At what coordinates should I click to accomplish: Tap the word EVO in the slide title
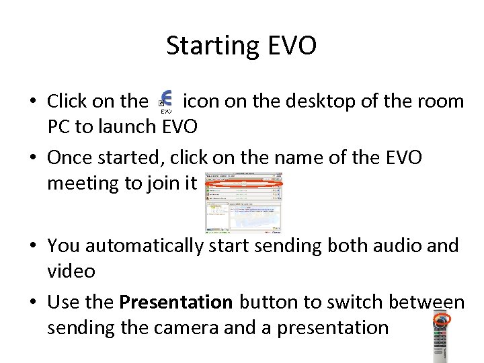point(292,46)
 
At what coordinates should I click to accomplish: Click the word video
point(71,271)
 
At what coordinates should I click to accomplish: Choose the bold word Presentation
point(175,303)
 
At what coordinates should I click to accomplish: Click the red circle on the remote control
point(440,322)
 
